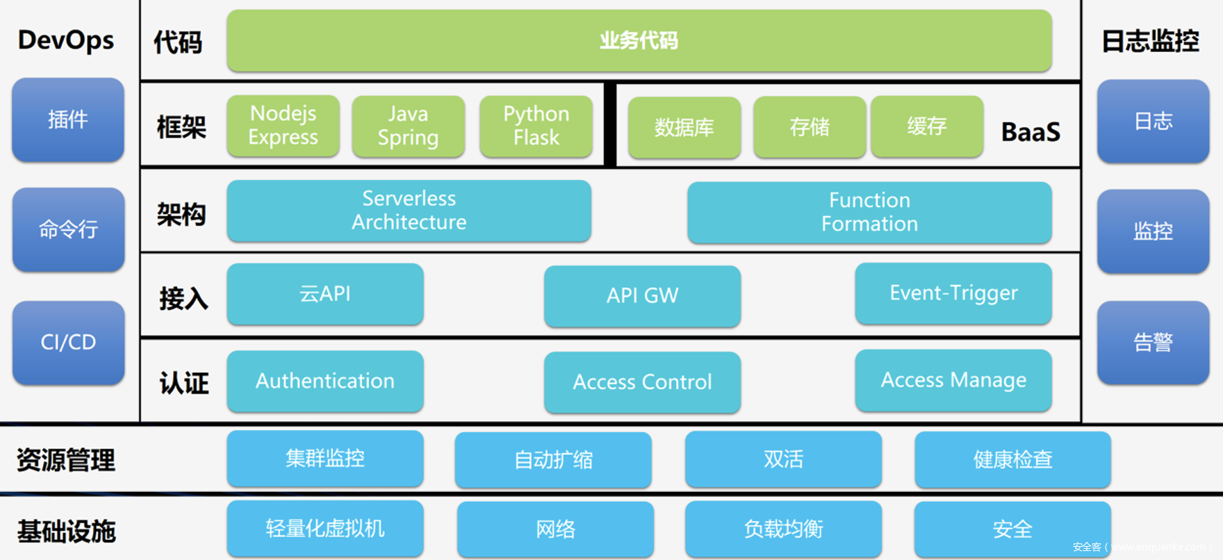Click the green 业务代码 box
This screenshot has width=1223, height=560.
(639, 40)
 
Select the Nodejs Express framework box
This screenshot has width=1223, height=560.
(283, 126)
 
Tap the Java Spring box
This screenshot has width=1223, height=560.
(408, 126)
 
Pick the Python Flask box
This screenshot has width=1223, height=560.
(536, 126)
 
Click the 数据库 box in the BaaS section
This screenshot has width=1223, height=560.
(684, 127)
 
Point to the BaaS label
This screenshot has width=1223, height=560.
(1031, 131)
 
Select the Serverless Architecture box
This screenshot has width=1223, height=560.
(409, 211)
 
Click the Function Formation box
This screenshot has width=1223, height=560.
(869, 212)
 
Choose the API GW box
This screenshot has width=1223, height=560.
(642, 295)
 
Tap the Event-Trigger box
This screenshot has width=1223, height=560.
(953, 293)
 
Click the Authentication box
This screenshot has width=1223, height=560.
(325, 381)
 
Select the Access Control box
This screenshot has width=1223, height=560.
(642, 382)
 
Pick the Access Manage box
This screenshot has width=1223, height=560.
(953, 380)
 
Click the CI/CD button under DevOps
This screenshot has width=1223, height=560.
(68, 342)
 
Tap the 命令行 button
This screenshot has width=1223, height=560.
(68, 229)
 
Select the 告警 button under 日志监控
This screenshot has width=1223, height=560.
(1153, 342)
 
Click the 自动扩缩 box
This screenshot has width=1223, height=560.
(553, 459)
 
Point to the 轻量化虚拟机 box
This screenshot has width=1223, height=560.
(325, 529)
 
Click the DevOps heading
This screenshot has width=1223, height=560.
(66, 40)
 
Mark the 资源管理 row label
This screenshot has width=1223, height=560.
(66, 460)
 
